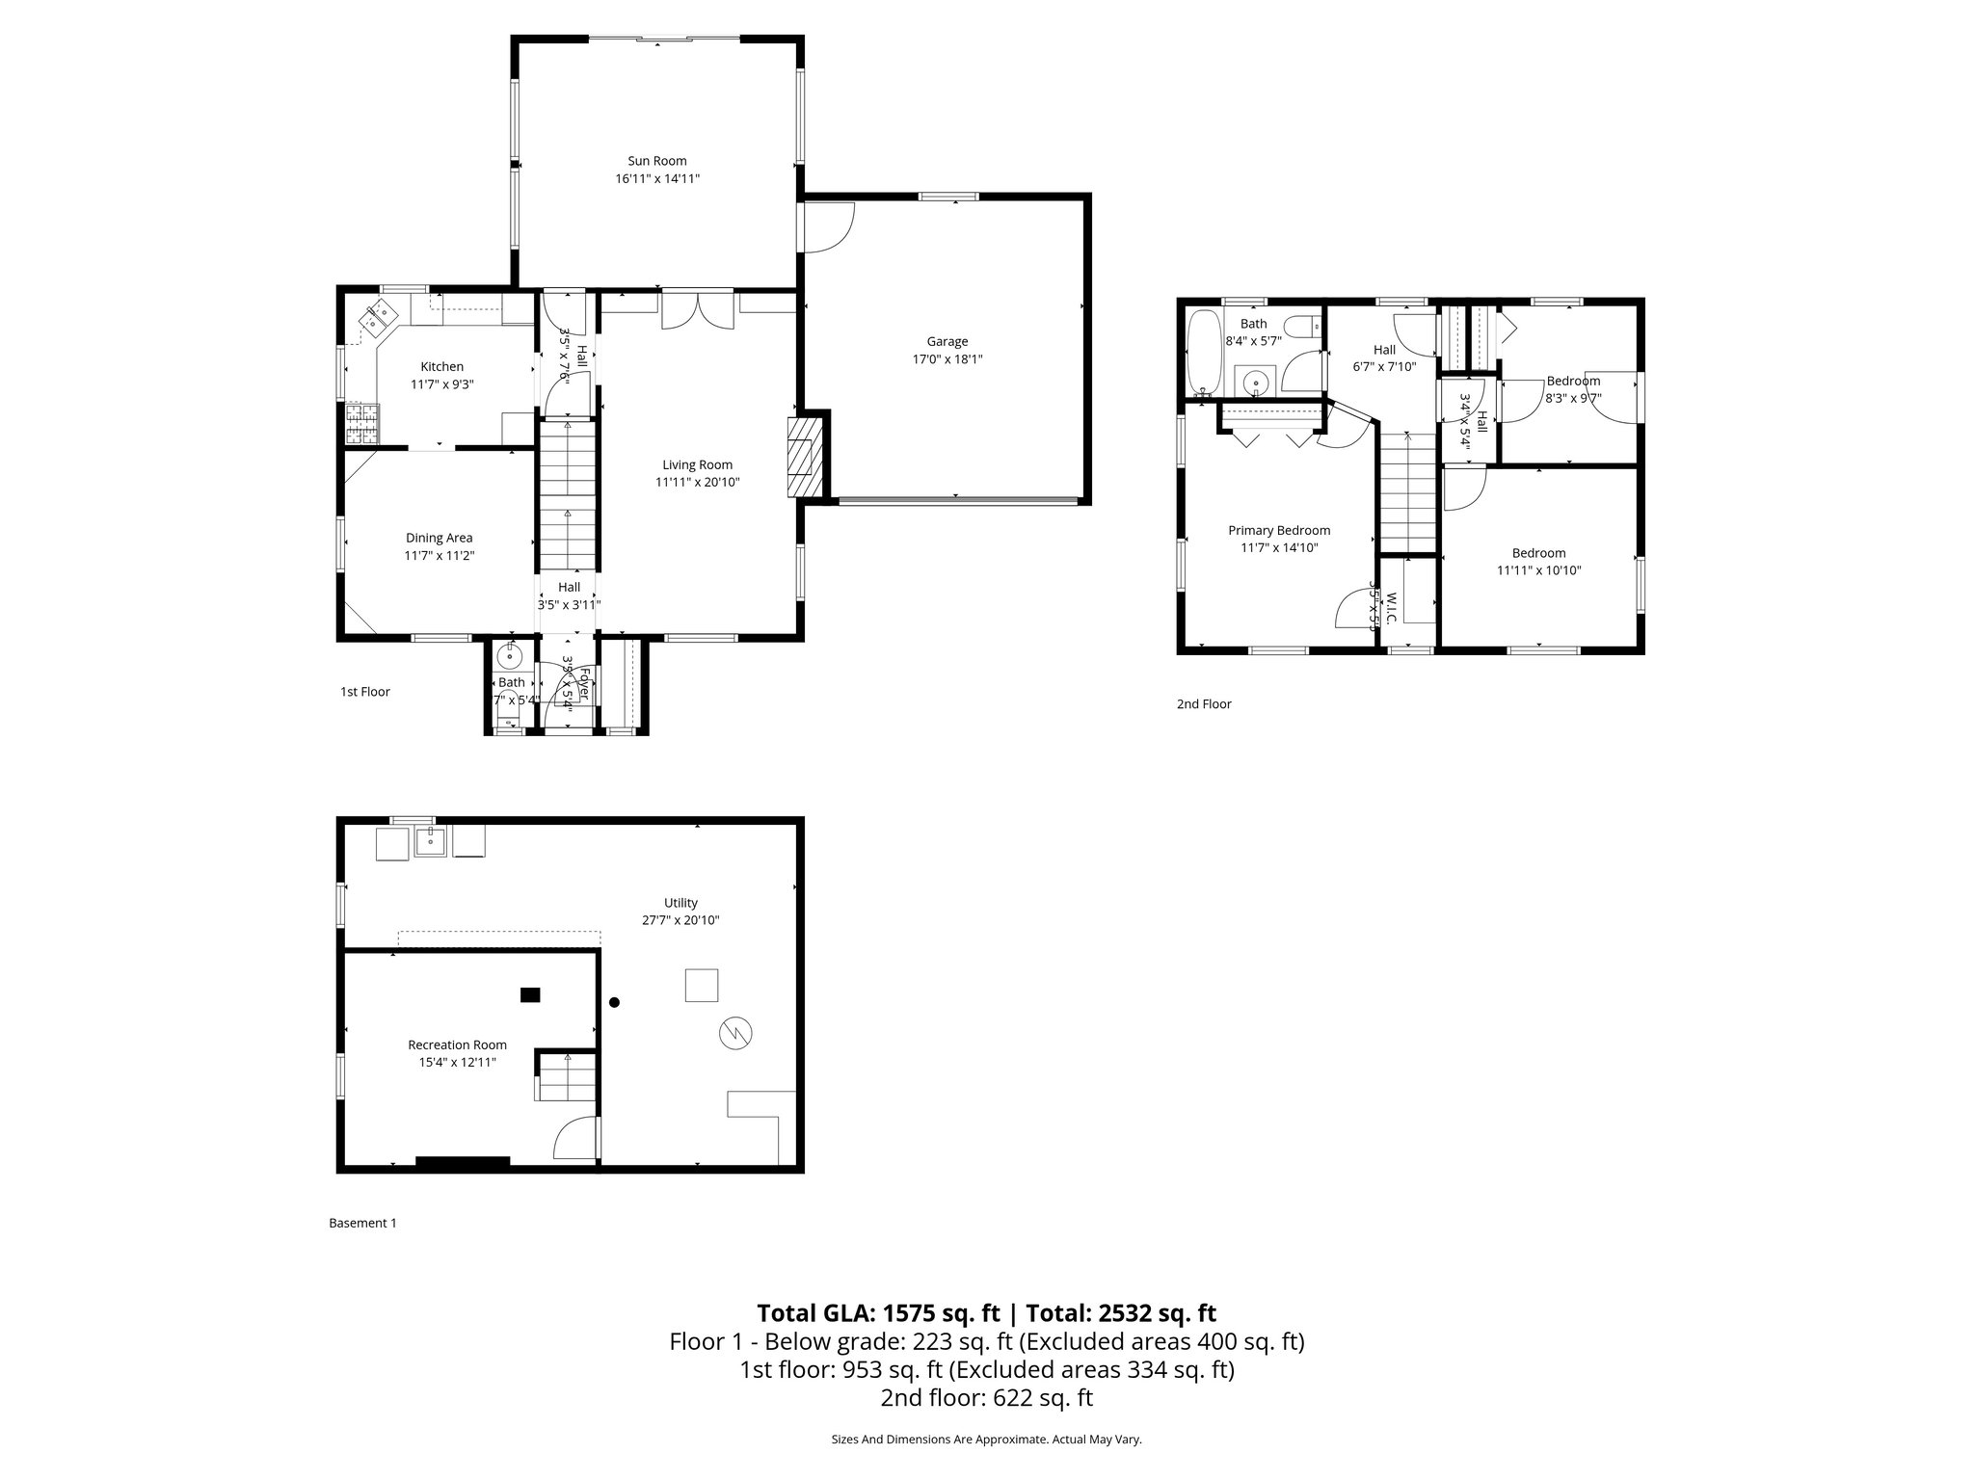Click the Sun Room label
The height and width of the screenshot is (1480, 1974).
(656, 161)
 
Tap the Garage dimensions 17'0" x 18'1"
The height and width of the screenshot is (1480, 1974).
(947, 359)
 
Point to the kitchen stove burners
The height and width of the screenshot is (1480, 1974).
(362, 424)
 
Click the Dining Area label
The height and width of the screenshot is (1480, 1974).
(439, 538)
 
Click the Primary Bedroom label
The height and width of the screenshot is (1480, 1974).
(1278, 530)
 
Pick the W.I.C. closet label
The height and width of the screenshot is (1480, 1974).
(1390, 607)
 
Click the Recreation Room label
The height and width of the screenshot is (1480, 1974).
(457, 1044)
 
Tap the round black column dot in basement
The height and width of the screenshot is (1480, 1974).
(614, 1002)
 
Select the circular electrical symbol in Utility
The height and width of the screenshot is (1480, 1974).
(735, 1034)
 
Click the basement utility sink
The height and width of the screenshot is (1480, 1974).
(429, 842)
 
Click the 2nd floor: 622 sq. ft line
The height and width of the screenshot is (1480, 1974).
(986, 1398)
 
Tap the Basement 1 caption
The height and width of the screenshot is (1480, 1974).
(362, 1223)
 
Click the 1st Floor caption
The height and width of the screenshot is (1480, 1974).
(364, 692)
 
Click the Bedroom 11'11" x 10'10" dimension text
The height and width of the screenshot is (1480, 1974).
(1538, 570)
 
